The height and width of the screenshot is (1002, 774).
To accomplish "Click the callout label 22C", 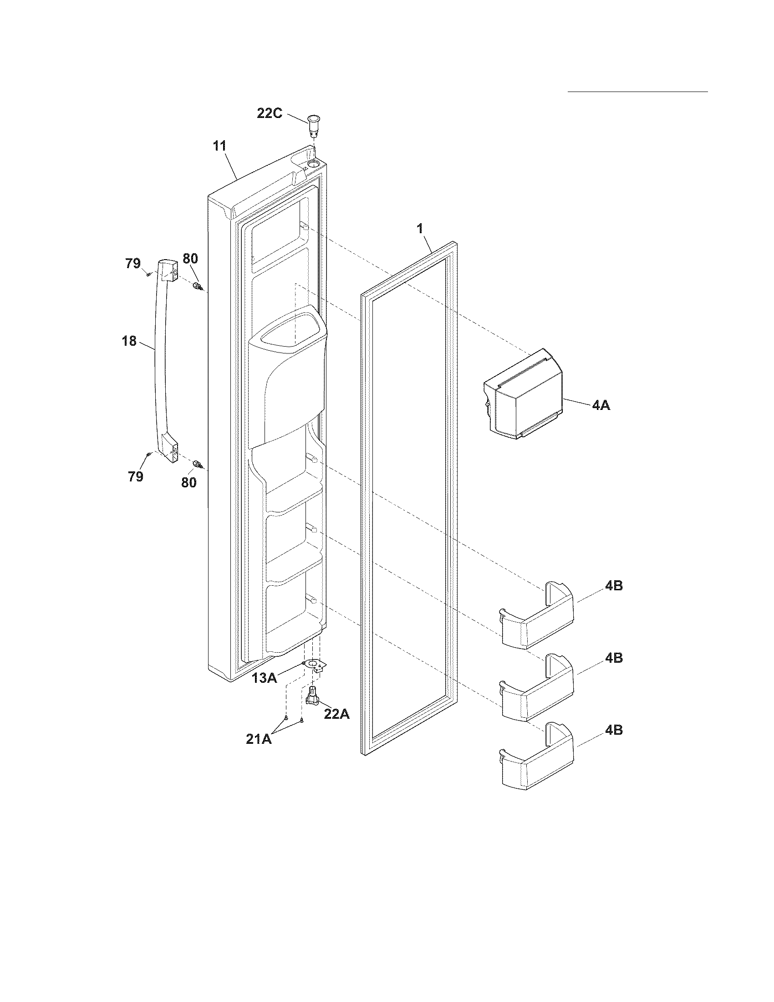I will pos(270,113).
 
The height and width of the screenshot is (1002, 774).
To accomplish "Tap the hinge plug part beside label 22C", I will pos(313,125).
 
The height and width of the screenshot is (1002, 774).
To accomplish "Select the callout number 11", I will pos(219,146).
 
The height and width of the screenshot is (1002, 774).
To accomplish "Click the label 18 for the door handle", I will pos(129,341).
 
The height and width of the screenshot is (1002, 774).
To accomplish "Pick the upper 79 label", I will pos(133,264).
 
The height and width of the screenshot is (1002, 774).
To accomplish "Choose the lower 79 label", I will pos(136,477).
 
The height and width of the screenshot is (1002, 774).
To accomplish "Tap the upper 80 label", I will pos(190,259).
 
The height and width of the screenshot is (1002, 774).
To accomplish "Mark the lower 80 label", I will pos(189,482).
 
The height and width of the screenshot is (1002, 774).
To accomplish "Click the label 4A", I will pos(601,405).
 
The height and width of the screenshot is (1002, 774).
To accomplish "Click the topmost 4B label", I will pos(614,586).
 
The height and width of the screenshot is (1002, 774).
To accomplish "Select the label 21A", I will pos(259,739).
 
